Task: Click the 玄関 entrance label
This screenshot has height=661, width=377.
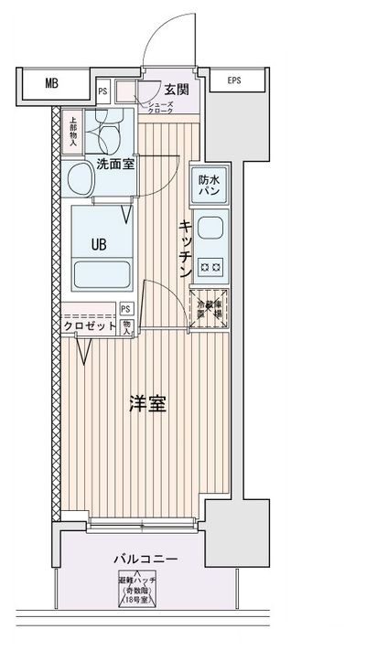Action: pos(177,89)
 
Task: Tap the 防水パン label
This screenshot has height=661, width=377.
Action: pos(209,186)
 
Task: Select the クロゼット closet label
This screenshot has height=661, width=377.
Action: pos(91,326)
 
